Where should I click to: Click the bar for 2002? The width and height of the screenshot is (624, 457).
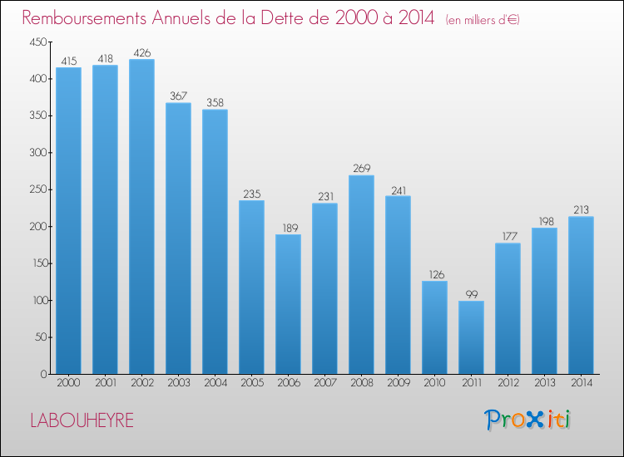click(141, 216)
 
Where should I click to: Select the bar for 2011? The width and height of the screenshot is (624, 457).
click(471, 337)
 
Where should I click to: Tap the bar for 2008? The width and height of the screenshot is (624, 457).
click(361, 274)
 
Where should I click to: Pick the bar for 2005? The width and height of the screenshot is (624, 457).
click(251, 287)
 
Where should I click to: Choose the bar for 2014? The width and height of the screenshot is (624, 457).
click(581, 295)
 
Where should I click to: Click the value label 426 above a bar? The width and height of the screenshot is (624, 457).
click(141, 53)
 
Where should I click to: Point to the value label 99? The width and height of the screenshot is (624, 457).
click(471, 294)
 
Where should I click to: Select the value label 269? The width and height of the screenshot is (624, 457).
click(361, 169)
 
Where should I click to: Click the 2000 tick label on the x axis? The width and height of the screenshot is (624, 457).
click(68, 383)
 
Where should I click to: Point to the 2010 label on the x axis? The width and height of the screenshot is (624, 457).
click(434, 383)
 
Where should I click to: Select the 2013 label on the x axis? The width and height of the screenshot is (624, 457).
click(544, 383)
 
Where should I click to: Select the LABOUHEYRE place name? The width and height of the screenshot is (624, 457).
click(81, 420)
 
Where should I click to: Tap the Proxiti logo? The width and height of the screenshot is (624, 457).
click(529, 420)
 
